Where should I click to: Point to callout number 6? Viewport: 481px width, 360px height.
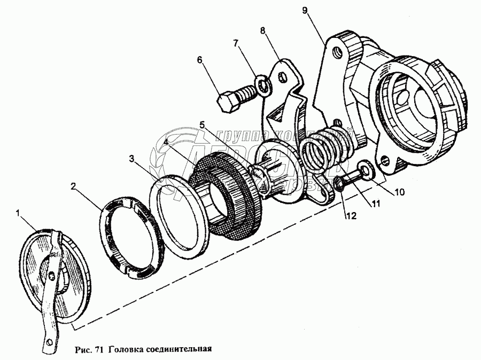[200, 60]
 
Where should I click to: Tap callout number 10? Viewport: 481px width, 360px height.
[399, 191]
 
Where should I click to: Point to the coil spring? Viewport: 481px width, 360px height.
[326, 147]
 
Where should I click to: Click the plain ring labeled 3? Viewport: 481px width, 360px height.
[182, 214]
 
